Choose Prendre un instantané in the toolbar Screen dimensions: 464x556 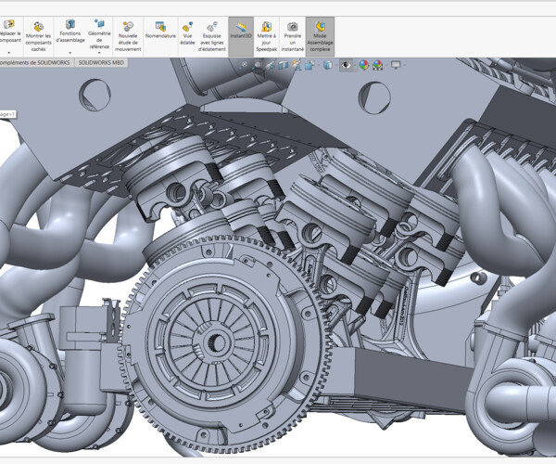click(x=293, y=36)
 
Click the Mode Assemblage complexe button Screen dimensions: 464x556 click(x=321, y=36)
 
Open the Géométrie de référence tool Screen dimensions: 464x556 click(x=99, y=36)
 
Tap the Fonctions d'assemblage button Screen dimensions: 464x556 click(x=69, y=36)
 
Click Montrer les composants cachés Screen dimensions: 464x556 click(x=38, y=36)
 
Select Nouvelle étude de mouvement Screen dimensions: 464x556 click(x=128, y=36)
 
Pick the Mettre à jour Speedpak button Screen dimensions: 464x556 click(x=266, y=36)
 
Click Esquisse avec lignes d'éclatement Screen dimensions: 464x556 click(x=212, y=36)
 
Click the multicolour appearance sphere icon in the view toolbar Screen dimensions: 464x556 click(x=363, y=66)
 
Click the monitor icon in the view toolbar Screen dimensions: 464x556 click(x=396, y=66)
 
